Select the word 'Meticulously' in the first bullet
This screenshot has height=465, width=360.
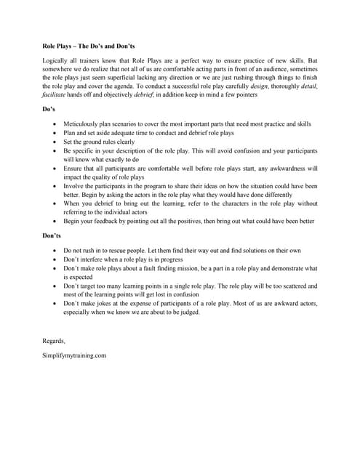pyautogui.click(x=82, y=125)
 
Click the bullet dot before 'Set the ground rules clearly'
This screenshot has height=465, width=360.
pyautogui.click(x=55, y=142)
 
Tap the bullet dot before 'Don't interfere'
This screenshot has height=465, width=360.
pyautogui.click(x=55, y=259)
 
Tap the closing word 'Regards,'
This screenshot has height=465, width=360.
pyautogui.click(x=54, y=341)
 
